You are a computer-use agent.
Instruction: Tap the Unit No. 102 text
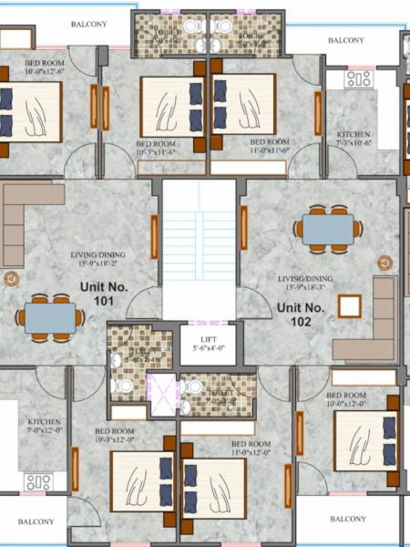(301, 315)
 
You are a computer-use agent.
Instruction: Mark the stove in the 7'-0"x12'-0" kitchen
(37, 481)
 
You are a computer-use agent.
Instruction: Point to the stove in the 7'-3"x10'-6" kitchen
(358, 79)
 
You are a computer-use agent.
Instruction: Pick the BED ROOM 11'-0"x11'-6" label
(269, 147)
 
